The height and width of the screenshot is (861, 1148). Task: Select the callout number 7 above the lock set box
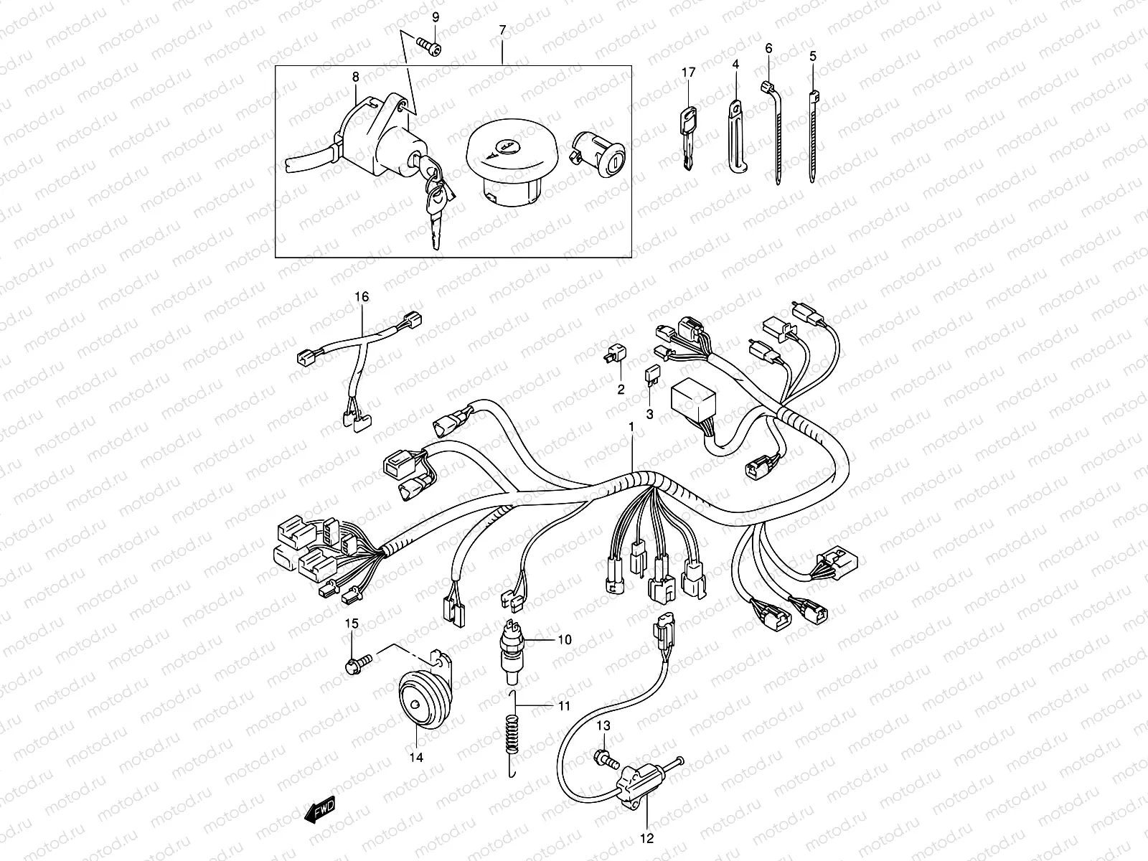(x=502, y=30)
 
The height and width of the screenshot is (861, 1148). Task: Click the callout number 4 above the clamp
(x=735, y=65)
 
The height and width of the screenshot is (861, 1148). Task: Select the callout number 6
(x=769, y=48)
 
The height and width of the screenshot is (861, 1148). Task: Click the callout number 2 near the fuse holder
(x=621, y=390)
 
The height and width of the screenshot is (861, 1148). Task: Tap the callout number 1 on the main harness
(x=631, y=427)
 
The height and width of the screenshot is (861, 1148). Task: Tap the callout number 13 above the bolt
(x=603, y=726)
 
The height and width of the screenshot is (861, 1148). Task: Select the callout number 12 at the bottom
(x=646, y=837)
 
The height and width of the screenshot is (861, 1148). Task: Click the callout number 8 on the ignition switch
(x=355, y=76)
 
